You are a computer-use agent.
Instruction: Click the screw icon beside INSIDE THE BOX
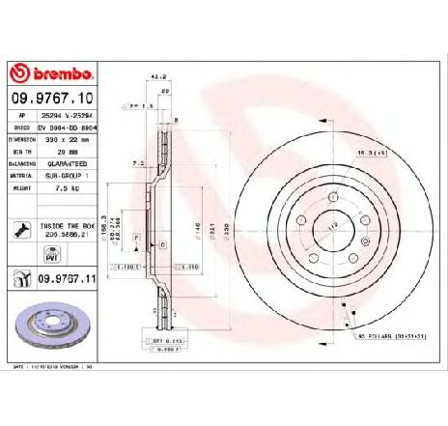click(x=19, y=230)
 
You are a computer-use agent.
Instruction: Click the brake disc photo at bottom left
click(x=50, y=328)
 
